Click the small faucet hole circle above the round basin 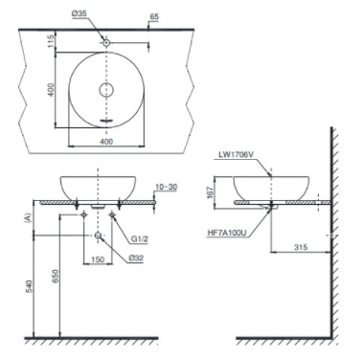(x=105, y=42)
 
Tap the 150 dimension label (x=99, y=258)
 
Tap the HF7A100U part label (x=227, y=231)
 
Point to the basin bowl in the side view (x=272, y=187)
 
